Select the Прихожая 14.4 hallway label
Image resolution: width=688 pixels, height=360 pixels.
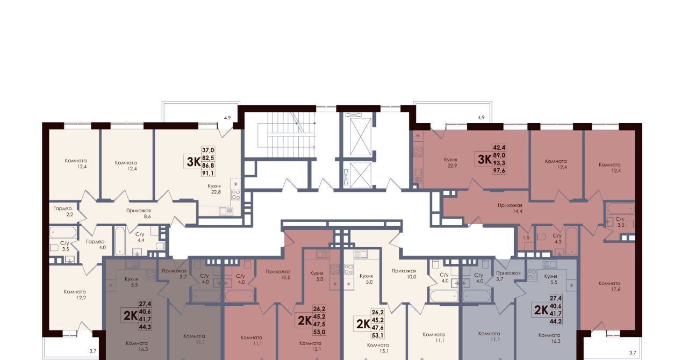point(510,208)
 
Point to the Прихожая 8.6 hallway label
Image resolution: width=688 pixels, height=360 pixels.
point(139,213)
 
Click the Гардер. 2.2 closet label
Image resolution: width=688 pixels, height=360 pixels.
point(63,211)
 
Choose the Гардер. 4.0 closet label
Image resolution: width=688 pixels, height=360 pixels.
point(96,244)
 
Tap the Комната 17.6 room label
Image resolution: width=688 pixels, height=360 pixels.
point(610,286)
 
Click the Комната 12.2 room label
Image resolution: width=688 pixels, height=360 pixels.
point(75,294)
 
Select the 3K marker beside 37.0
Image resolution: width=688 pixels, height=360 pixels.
point(193,162)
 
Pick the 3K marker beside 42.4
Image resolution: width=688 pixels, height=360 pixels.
point(485,160)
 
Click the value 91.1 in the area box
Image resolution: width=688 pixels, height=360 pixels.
point(208,173)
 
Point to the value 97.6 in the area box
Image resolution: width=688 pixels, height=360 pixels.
point(499,171)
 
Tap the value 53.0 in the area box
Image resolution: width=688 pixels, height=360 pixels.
point(319,332)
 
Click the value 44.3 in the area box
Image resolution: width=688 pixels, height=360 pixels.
point(145,327)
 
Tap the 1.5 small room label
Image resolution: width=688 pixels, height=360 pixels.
point(526,237)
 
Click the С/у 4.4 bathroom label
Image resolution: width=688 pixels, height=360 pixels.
point(140,237)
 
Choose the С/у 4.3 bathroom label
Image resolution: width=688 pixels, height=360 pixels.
point(557,239)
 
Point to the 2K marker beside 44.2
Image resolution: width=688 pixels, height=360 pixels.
point(541,310)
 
